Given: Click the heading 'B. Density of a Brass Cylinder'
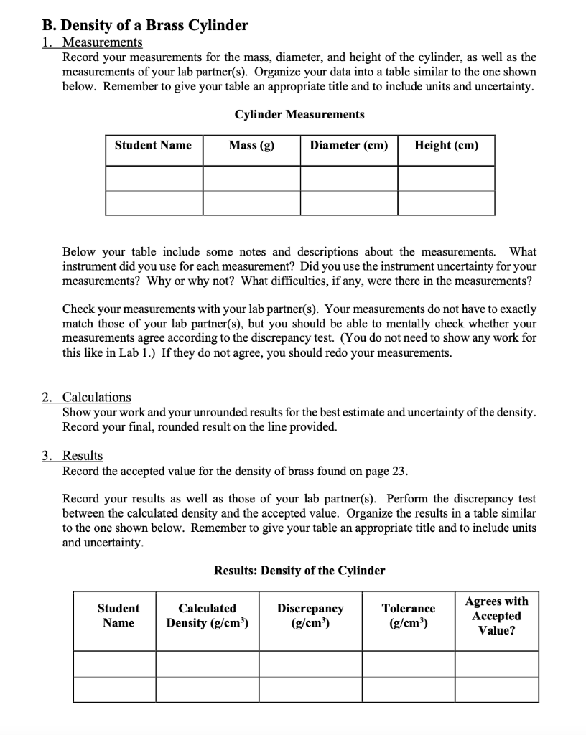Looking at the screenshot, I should (144, 26).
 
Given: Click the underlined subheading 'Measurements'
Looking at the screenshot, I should (102, 42).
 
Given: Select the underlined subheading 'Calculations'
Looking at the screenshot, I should (97, 397).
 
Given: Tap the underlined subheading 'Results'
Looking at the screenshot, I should (83, 456).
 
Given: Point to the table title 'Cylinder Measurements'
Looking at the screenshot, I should (299, 115).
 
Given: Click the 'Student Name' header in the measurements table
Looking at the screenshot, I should (154, 146).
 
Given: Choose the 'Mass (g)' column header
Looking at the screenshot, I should (251, 146).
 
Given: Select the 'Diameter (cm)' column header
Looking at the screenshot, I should (349, 146).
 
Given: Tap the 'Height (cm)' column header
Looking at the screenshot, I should (446, 146).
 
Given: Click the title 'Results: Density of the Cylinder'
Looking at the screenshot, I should (299, 571).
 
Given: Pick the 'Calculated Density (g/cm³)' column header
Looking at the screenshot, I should (208, 615).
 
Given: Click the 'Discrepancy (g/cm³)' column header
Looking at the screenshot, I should (310, 615).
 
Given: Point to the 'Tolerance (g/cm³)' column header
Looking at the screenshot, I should (409, 615).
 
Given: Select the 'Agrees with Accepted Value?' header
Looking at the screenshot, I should (496, 616).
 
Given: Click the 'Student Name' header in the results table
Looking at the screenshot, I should (118, 615).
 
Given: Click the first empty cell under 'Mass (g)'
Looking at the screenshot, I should (251, 178).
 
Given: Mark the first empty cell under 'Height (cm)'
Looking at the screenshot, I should (446, 178).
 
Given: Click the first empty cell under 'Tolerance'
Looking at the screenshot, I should (409, 664).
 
